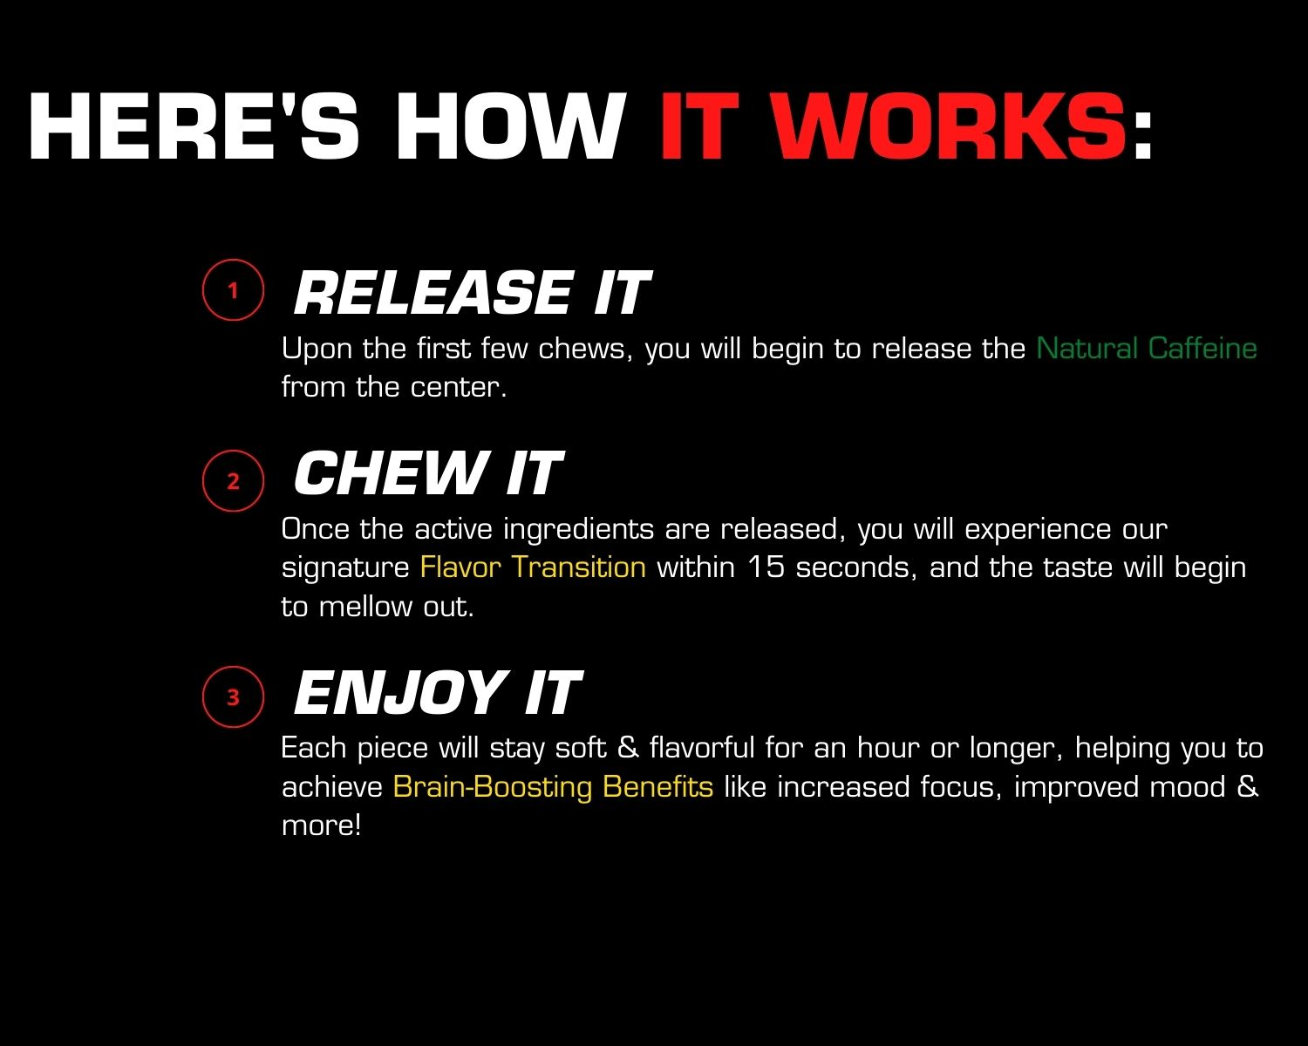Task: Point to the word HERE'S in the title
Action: (194, 126)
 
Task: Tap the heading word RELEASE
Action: (433, 293)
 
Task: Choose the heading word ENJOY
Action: (399, 691)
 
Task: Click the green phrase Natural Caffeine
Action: (1147, 349)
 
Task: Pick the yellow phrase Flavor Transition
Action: (533, 567)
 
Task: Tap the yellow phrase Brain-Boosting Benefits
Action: (553, 786)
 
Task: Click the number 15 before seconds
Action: (766, 567)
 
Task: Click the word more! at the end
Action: (321, 825)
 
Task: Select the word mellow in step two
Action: (365, 607)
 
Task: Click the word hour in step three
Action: (888, 748)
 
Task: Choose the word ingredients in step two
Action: (578, 530)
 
